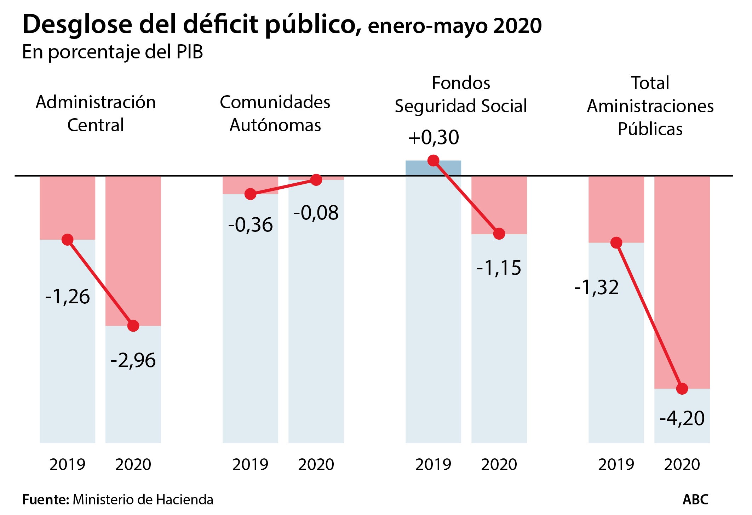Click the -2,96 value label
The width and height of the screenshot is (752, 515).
133,360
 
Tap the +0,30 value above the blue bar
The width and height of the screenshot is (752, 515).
434,137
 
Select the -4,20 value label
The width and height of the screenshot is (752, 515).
682,418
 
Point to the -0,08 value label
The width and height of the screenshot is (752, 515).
316,213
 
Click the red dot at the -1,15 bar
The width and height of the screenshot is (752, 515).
499,234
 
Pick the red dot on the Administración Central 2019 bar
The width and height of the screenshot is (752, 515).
67,240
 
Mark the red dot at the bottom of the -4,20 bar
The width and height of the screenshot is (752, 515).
682,389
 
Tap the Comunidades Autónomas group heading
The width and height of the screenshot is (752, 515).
275,113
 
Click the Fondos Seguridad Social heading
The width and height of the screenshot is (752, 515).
461,95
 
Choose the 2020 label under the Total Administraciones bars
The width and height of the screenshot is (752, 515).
682,464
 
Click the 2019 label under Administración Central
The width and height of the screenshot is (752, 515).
67,464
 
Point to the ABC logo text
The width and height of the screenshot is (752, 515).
695,500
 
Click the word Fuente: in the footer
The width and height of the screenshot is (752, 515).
46,500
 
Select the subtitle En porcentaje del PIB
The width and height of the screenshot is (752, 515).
113,52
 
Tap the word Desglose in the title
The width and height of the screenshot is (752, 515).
77,25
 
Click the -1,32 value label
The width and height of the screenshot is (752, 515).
596,287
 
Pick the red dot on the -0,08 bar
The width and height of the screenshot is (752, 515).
316,180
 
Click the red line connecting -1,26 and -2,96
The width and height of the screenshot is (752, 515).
100,282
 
